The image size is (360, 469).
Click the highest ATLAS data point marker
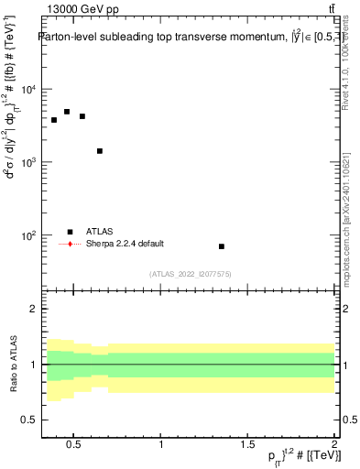pyautogui.click(x=67, y=112)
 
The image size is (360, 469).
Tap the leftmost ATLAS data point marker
pyautogui.click(x=54, y=120)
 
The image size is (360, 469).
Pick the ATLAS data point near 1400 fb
pyautogui.click(x=100, y=151)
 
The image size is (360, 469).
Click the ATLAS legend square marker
pyautogui.click(x=70, y=232)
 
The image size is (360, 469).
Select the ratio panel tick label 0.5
pyautogui.click(x=27, y=420)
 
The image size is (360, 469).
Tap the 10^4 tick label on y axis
pyautogui.click(x=27, y=89)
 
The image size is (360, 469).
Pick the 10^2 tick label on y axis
pyautogui.click(x=27, y=235)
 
